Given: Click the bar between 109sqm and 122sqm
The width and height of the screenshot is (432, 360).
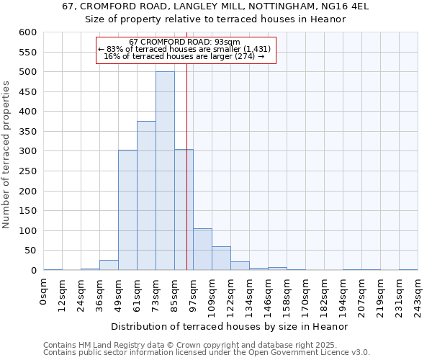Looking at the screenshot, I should (x=221, y=258).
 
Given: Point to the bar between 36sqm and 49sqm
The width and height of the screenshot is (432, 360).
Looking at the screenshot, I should (x=109, y=265).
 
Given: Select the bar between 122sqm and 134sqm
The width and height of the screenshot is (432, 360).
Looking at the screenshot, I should (x=240, y=266).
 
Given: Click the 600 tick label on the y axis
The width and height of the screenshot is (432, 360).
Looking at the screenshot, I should (x=27, y=32).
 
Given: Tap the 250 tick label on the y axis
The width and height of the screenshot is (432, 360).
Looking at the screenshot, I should (x=27, y=171).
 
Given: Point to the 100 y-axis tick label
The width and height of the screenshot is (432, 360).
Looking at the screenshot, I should (x=27, y=231).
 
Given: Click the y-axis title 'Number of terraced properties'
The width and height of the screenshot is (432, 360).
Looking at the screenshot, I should (x=8, y=155).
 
